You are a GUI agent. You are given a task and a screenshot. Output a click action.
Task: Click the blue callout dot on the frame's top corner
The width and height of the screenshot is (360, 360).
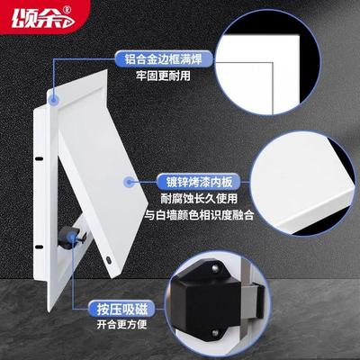(55, 95)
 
